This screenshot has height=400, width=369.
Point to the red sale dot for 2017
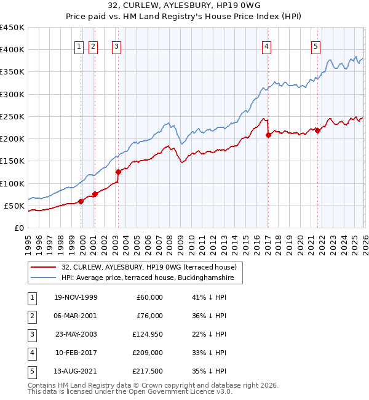click(268, 135)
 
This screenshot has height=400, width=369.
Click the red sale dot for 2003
click(118, 172)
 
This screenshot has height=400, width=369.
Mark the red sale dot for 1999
click(81, 201)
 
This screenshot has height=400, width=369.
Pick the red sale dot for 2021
click(317, 130)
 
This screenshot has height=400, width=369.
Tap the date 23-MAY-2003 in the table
click(76, 334)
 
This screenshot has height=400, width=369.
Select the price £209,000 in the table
click(148, 353)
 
